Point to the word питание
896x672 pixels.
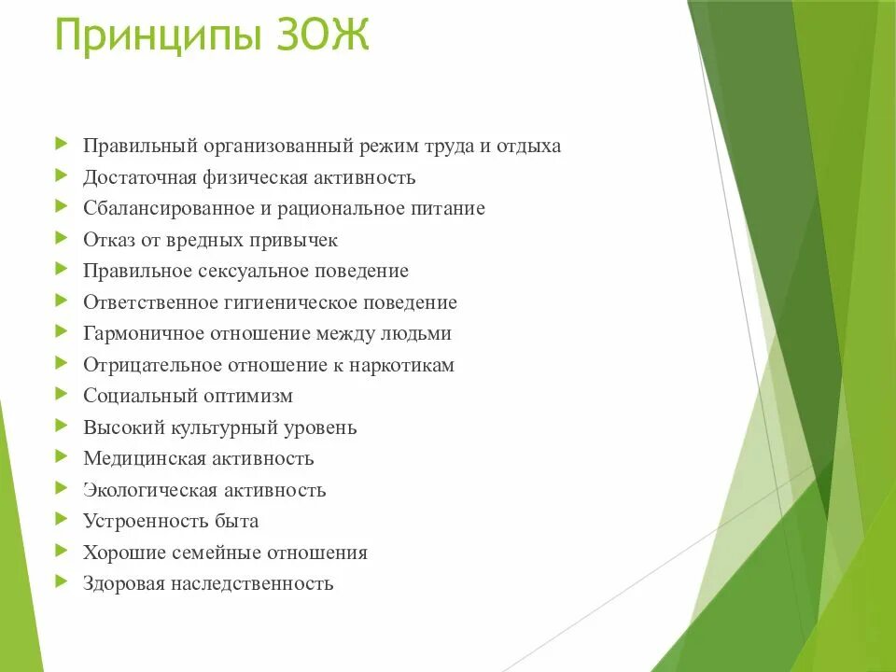449,208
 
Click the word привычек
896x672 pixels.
294,240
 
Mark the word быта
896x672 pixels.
237,521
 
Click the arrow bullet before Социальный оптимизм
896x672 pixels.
62,394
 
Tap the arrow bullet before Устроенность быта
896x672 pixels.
62,519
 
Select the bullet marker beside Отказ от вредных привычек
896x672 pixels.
62,238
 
